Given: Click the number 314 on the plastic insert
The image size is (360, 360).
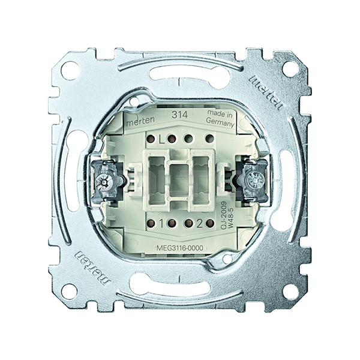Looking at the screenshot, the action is (x=180, y=115).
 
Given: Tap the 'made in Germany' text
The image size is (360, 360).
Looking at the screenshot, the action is (x=220, y=118).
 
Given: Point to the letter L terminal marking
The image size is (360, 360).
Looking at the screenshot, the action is (x=161, y=139).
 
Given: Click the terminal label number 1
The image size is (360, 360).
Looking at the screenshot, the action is (x=161, y=224).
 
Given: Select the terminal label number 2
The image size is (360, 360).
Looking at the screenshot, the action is (x=200, y=224).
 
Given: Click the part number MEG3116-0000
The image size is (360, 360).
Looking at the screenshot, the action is (x=180, y=248).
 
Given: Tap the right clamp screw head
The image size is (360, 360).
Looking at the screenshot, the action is (x=256, y=179).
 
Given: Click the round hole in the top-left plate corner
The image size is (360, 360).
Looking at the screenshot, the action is (x=70, y=70).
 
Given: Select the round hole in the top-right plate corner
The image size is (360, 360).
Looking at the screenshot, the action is (x=290, y=68).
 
